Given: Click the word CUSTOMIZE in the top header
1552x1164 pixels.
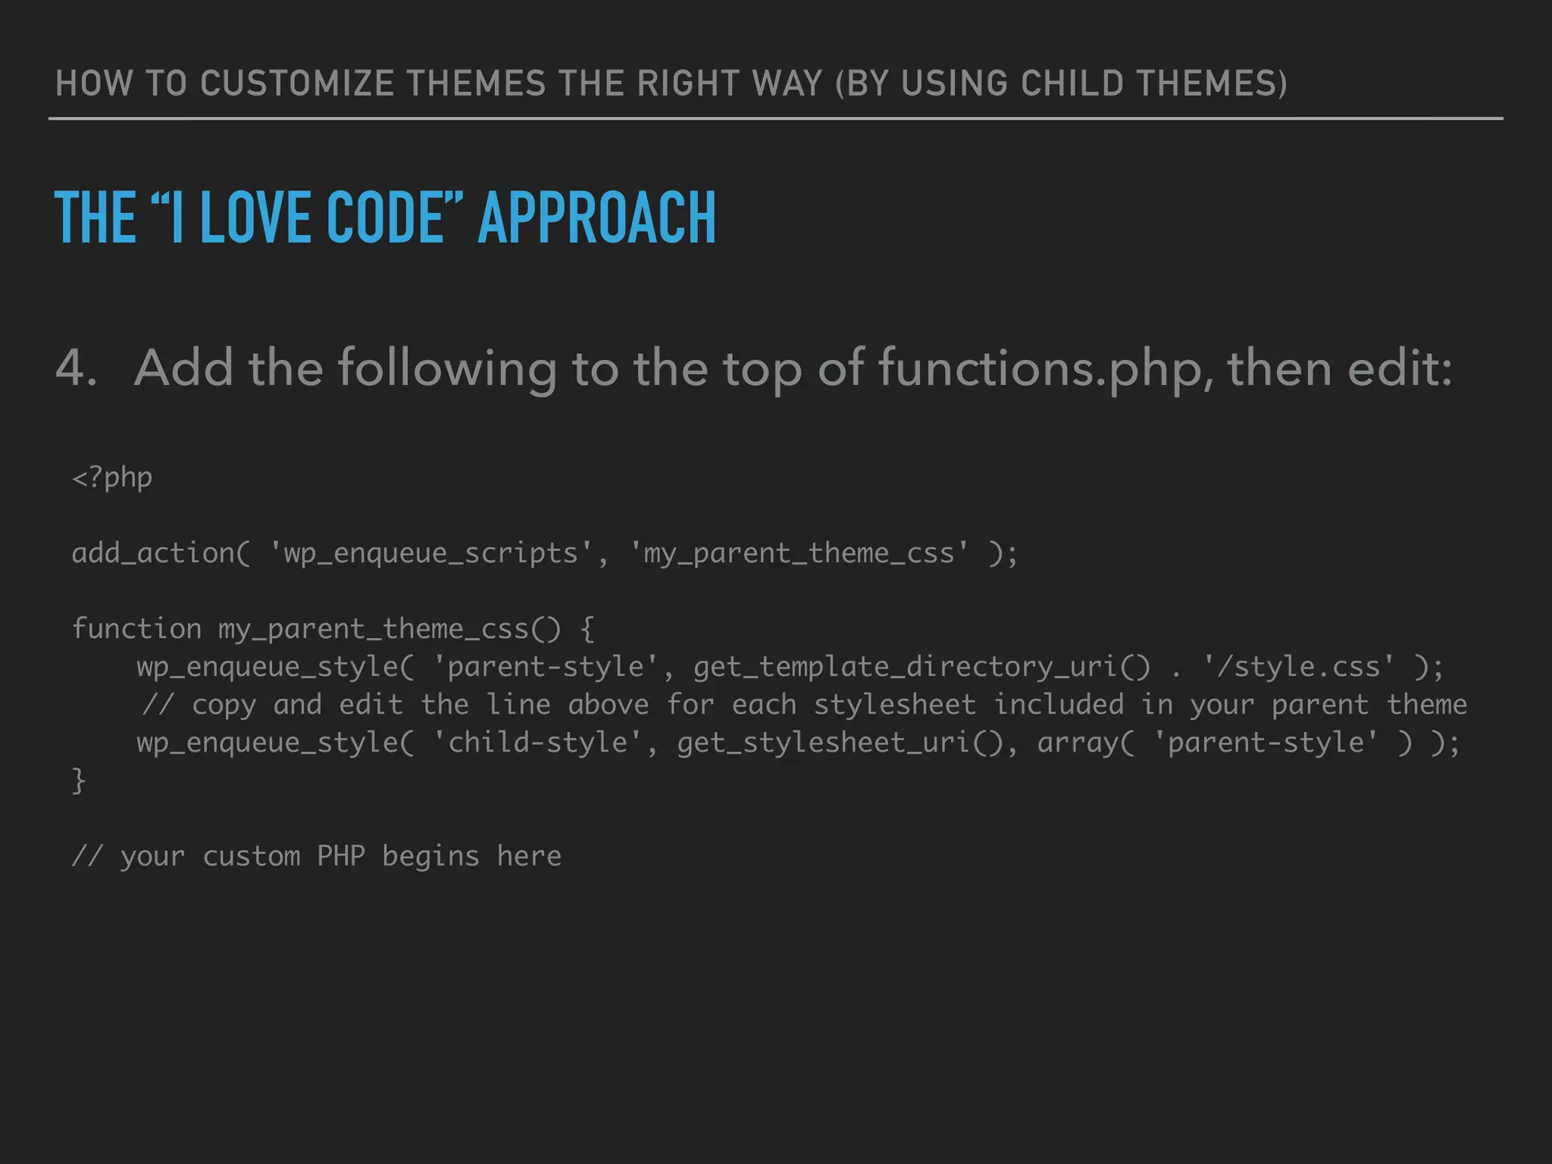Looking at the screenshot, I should (296, 83).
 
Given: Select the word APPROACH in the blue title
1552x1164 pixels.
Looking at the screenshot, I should (597, 217).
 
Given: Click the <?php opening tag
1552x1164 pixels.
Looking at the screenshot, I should (112, 478).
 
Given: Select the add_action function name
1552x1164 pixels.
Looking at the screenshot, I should (154, 553).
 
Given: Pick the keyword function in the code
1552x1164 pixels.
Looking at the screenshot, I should (136, 629).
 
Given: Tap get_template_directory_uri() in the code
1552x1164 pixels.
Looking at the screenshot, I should (921, 667).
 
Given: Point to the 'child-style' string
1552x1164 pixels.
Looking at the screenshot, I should (537, 743).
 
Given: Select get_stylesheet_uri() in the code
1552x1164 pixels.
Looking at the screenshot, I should (840, 743).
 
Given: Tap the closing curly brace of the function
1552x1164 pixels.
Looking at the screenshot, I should (78, 781).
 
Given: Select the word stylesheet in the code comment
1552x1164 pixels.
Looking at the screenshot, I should (894, 705).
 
